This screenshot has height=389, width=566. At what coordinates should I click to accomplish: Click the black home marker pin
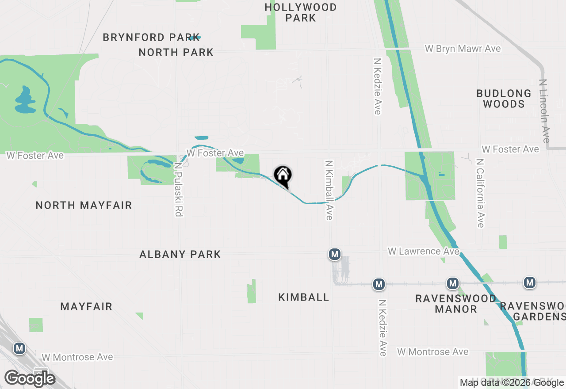click(x=283, y=175)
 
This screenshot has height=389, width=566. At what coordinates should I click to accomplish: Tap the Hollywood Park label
click(x=301, y=12)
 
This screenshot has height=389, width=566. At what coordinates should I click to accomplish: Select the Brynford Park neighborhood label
click(x=151, y=37)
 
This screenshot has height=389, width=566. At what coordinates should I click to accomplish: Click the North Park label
click(x=176, y=52)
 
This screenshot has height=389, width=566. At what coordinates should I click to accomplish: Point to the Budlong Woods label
click(x=504, y=99)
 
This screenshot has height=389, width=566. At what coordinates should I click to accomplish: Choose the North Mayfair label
click(x=84, y=205)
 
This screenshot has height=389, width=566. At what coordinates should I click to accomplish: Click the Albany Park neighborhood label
click(x=180, y=254)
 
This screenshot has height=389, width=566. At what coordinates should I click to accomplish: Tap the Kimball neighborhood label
click(x=304, y=297)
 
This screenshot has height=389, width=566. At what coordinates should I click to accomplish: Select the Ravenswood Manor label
click(x=455, y=304)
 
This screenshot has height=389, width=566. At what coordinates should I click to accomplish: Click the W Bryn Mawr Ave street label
click(x=463, y=49)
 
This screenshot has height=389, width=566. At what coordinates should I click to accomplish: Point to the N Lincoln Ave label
click(x=545, y=111)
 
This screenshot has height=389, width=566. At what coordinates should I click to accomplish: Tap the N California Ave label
click(x=481, y=193)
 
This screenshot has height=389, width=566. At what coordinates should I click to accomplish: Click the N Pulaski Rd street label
click(x=178, y=189)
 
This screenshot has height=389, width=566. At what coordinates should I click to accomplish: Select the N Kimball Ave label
click(x=329, y=190)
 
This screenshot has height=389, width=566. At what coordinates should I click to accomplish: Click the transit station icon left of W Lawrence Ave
click(x=335, y=254)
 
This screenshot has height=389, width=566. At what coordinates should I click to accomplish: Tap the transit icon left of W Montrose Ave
click(x=19, y=348)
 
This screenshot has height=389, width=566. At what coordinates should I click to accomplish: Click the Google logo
click(x=30, y=378)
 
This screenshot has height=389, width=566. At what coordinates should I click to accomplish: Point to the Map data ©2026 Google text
click(x=512, y=383)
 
